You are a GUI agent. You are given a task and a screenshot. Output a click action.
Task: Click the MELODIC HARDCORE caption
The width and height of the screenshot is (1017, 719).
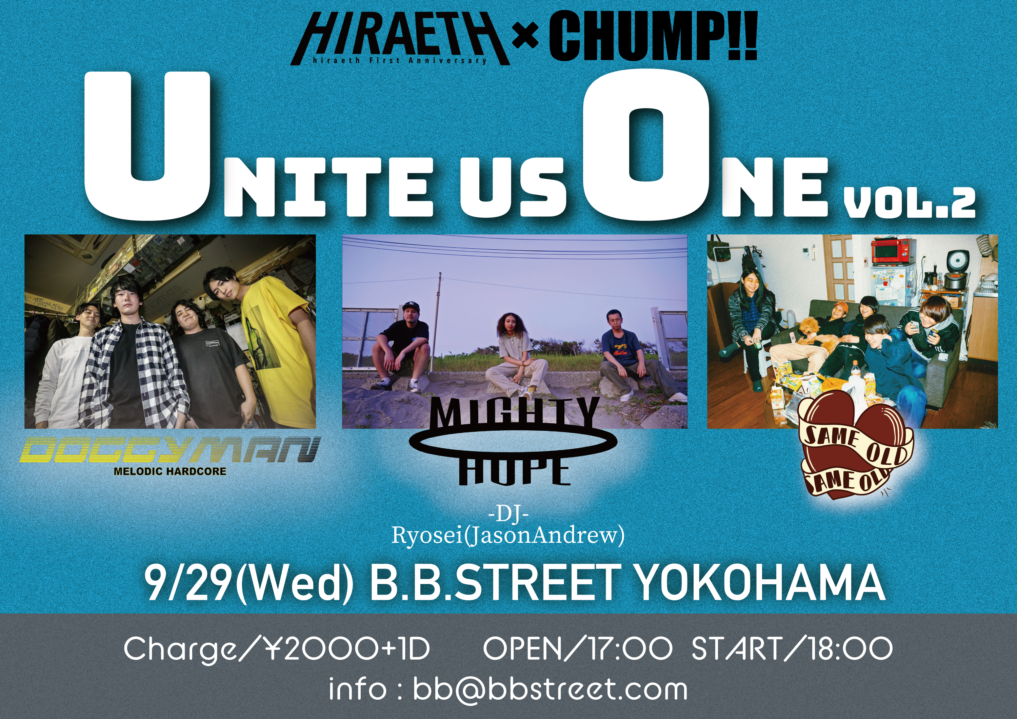click(170, 471)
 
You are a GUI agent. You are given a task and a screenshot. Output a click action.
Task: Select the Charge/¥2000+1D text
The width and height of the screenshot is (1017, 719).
click(277, 649)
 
